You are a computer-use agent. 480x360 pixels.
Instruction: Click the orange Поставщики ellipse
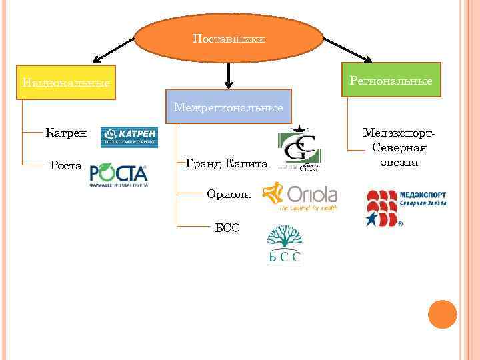point(229,39)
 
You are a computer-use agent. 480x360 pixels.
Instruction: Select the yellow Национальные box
point(67,83)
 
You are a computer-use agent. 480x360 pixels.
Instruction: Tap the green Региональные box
point(391,80)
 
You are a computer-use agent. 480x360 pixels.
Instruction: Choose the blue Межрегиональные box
point(228,107)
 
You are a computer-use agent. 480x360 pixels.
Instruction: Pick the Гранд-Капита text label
point(226,163)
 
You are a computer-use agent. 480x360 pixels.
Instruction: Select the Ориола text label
point(229,195)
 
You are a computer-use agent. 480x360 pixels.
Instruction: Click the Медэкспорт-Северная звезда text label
point(399,147)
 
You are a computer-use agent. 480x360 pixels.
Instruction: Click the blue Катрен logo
point(129,137)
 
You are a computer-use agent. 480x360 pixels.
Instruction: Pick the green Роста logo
point(119,175)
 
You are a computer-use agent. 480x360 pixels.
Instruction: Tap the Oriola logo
point(301,196)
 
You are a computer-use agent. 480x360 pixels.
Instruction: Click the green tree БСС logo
point(285,245)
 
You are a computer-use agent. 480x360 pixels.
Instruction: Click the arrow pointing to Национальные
point(113,50)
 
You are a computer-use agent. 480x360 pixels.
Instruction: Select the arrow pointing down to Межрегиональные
point(229,75)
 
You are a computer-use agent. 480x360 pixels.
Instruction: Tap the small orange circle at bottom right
point(442,314)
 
